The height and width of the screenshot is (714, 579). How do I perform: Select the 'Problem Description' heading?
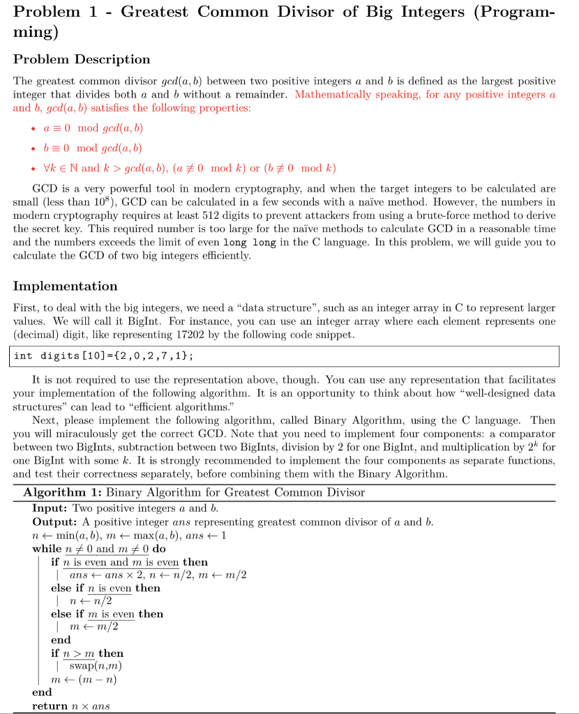pos(82,59)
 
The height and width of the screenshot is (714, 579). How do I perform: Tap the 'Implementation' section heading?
pos(65,286)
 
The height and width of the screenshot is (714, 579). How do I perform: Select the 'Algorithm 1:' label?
pos(61,493)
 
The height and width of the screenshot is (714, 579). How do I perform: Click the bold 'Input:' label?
pos(50,508)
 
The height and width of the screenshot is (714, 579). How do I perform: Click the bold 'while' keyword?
pos(47,548)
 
